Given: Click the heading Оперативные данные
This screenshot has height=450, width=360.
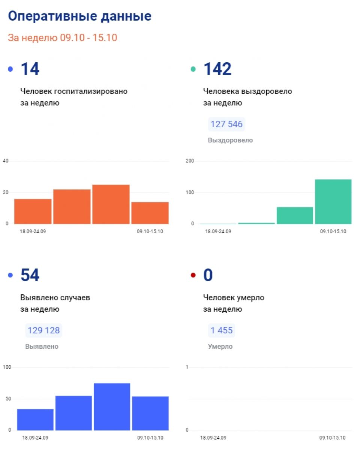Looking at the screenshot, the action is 79,16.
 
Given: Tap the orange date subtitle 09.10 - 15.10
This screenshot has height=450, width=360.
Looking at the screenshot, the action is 88,38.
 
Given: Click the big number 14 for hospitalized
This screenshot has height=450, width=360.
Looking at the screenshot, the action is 30,69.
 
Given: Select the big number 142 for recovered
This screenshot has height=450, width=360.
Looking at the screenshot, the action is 217,69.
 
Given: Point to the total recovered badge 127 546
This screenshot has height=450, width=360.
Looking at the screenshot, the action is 226,124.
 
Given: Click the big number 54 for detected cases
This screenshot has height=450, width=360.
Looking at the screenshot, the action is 30,275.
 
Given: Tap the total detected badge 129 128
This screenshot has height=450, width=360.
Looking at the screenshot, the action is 43,330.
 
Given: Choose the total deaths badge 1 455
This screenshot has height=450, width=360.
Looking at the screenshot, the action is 221,330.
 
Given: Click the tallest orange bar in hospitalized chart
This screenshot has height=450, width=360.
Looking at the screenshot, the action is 111,204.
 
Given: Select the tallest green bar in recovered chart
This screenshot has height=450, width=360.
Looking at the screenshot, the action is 333,202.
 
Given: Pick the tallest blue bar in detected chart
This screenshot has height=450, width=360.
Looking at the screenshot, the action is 112,406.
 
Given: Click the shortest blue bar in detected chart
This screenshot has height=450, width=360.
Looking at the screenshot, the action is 35,420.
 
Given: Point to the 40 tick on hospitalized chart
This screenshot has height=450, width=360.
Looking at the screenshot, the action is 6,161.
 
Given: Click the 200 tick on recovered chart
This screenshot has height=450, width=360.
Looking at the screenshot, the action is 190,161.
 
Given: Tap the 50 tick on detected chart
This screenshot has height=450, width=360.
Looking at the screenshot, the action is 8,399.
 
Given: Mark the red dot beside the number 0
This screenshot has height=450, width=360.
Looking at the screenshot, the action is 193,275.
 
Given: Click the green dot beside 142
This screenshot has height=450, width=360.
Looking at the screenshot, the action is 193,69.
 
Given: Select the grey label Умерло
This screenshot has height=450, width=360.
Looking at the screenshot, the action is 220,346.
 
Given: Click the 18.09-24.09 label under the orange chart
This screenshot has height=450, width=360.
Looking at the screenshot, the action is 33,231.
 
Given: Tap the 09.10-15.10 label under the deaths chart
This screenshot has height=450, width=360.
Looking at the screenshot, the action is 332,438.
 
